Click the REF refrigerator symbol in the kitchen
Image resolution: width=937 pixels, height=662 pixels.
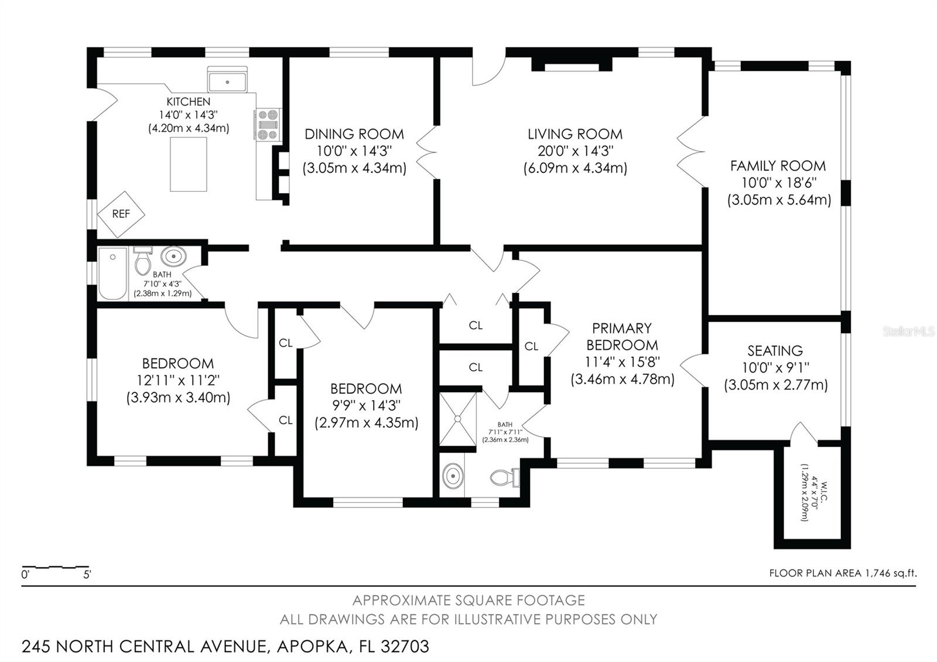point(121,214)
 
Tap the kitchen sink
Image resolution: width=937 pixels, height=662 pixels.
point(228,79)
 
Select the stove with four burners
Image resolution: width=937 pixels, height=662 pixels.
point(268,124)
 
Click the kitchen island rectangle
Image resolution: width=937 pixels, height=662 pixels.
point(188,165)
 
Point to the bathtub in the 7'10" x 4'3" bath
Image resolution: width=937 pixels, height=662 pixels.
point(112,274)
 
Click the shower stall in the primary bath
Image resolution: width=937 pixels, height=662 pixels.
point(457,419)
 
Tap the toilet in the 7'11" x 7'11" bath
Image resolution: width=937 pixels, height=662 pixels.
point(505,477)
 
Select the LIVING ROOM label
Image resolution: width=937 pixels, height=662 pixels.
point(574,134)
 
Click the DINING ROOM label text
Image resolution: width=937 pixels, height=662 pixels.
point(354,134)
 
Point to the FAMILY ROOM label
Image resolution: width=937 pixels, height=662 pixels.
point(778,166)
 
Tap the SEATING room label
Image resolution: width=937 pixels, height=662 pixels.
point(775,351)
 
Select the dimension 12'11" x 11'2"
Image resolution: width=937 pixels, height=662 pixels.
point(178,380)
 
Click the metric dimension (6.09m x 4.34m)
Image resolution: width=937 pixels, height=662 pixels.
point(575,168)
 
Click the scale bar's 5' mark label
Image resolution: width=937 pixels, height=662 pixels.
point(87,575)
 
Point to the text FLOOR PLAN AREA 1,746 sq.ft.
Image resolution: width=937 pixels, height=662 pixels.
point(843,574)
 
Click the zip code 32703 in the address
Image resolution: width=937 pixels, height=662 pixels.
point(405,647)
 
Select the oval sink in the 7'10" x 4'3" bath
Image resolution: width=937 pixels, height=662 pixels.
point(173,256)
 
